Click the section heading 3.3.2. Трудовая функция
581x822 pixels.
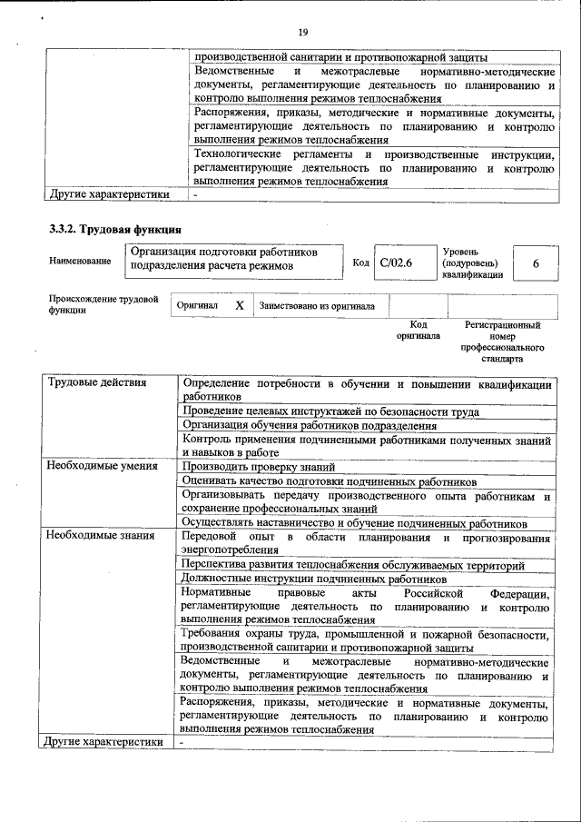[x=116, y=229]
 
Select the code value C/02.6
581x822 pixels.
[x=396, y=262]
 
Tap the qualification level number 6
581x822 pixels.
[x=537, y=262]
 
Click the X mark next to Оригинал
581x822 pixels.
[x=239, y=306]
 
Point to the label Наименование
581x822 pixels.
[x=81, y=262]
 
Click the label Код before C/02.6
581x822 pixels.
[x=360, y=262]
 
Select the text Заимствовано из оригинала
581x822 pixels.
[x=317, y=306]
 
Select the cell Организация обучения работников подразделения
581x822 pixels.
[x=309, y=425]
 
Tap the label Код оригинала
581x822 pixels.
[x=418, y=330]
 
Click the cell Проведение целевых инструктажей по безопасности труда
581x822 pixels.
[x=330, y=411]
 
